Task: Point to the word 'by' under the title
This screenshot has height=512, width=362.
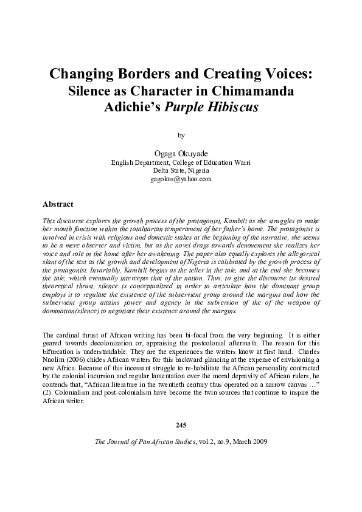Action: click(180, 134)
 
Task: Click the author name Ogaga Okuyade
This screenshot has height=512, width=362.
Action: click(181, 154)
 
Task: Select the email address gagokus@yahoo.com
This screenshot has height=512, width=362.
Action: click(181, 180)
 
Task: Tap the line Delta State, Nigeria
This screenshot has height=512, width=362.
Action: click(181, 171)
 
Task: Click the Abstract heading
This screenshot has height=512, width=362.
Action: click(58, 204)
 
